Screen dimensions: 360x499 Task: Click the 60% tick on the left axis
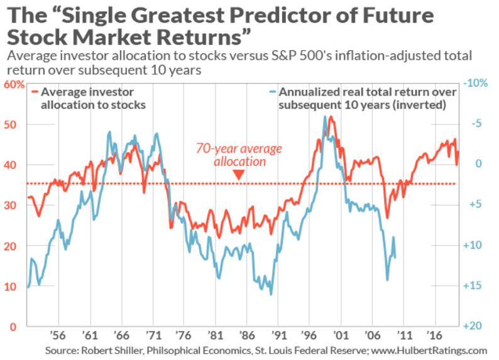(13, 84)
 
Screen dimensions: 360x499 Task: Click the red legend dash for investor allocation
(33, 92)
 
